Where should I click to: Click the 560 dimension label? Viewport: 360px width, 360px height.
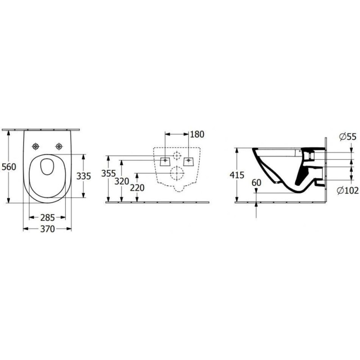pyautogui.click(x=9, y=167)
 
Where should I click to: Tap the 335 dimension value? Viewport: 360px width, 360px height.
pyautogui.click(x=84, y=176)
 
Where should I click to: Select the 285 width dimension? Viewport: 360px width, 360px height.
pyautogui.click(x=48, y=217)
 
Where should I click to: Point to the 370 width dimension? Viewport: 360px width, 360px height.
pyautogui.click(x=48, y=229)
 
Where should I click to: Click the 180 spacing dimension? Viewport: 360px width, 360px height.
pyautogui.click(x=197, y=134)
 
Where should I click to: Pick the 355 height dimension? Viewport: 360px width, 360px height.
pyautogui.click(x=108, y=174)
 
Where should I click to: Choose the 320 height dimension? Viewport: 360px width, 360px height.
pyautogui.click(x=121, y=182)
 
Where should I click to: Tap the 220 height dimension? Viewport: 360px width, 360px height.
pyautogui.click(x=137, y=188)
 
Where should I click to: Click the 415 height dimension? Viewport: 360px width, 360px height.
pyautogui.click(x=237, y=175)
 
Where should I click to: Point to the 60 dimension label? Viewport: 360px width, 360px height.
pyautogui.click(x=256, y=183)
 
